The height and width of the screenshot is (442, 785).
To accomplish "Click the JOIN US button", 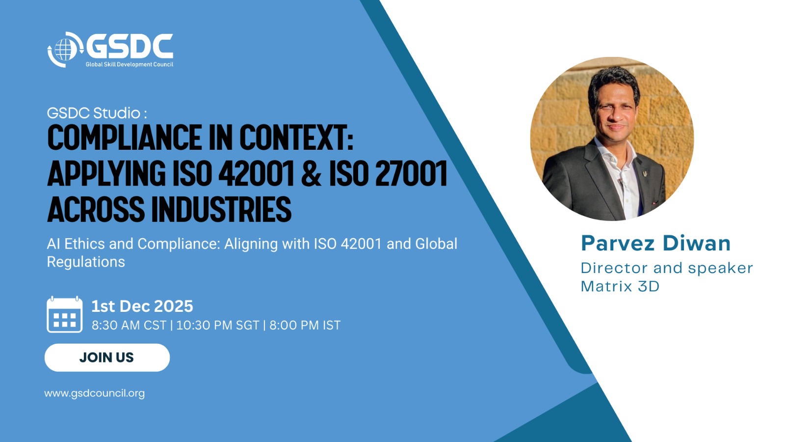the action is coord(107,358).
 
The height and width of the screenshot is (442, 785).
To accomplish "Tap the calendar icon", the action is coord(64,314).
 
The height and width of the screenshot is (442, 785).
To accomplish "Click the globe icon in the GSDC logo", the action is coord(65,50).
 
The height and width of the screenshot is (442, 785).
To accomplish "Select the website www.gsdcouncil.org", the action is coord(95,393).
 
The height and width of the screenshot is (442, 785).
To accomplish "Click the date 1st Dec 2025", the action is coord(142,306).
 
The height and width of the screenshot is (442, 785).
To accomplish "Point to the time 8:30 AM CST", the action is coord(129,325).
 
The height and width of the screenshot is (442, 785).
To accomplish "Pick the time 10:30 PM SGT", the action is coord(218,325).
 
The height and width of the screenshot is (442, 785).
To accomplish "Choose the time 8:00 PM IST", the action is coord(305,325).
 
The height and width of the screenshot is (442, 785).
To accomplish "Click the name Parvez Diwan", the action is coord(655,243).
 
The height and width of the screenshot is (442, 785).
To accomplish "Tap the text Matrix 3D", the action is coord(620,286).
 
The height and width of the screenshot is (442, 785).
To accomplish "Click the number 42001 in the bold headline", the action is coord(257,172).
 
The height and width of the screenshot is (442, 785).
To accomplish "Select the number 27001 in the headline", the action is coord(412,172).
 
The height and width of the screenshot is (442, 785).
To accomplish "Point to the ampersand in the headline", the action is coord(311,172).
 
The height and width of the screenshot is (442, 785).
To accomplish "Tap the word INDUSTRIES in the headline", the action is coord(221,209).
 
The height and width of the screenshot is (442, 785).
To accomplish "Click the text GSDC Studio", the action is coord(94,113).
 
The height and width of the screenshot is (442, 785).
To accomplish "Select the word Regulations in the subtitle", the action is coord(86,262).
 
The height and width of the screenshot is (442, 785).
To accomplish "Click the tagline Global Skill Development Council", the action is coord(130,64).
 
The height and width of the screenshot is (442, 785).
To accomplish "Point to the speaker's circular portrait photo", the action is coord(612,139).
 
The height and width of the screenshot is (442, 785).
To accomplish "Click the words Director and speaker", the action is coord(667,268).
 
